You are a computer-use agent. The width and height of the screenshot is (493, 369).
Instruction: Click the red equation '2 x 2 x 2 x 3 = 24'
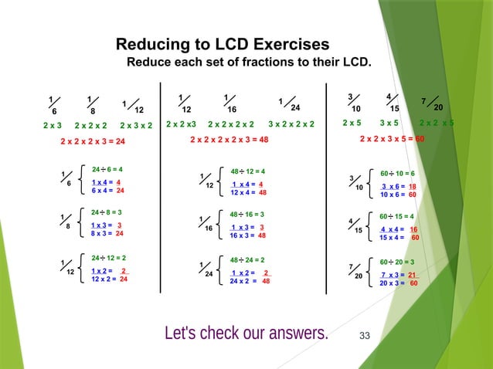[93, 142]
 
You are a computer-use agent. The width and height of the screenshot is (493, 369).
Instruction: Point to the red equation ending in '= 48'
[229, 140]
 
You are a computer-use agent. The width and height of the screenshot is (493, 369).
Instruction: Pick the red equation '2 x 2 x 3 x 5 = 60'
[393, 140]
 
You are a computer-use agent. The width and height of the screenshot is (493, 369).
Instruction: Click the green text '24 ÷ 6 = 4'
[107, 168]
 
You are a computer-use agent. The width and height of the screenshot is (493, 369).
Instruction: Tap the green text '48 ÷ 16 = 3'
[247, 214]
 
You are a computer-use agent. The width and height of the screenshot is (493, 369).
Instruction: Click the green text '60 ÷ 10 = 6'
[397, 174]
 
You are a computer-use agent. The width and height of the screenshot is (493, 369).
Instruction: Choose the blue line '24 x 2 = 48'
[249, 282]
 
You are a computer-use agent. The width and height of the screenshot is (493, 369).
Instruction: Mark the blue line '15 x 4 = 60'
[399, 238]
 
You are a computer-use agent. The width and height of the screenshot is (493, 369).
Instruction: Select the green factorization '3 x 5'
[389, 123]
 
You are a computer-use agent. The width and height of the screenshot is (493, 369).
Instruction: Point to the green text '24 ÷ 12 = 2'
[109, 257]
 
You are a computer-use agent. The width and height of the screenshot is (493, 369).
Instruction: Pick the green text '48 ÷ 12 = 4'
[247, 171]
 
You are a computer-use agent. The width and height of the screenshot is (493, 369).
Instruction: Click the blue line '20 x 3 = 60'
[399, 283]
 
